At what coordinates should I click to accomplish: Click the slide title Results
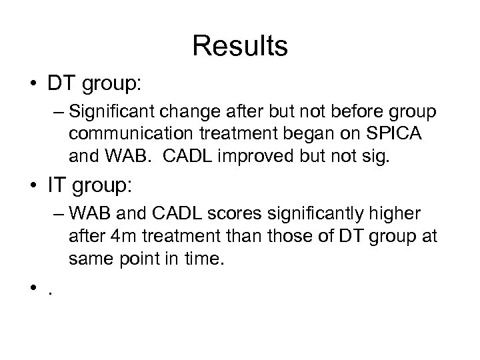(240, 46)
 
